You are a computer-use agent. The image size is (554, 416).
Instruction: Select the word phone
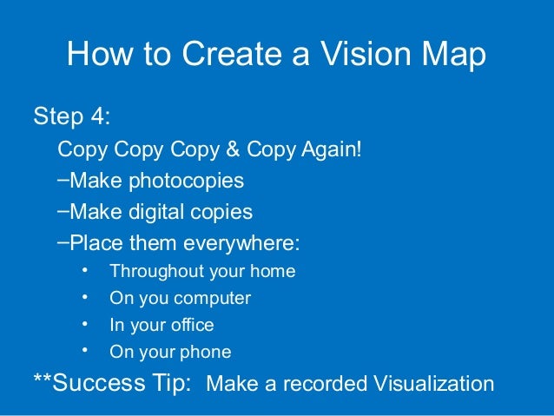point(208,353)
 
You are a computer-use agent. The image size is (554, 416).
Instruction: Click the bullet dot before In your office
point(85,324)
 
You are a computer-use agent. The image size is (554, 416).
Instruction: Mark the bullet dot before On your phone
point(85,351)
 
